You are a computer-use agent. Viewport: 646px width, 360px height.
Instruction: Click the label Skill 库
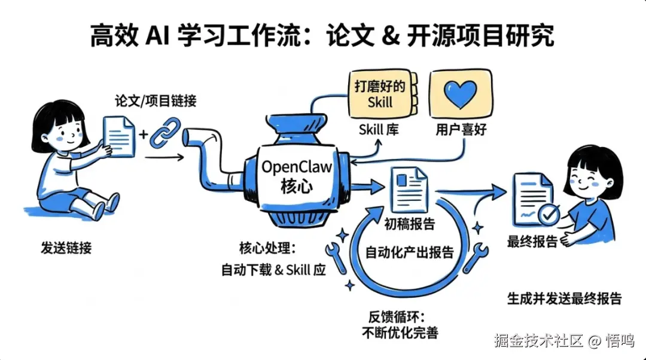379,130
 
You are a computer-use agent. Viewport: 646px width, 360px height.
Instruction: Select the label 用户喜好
461,130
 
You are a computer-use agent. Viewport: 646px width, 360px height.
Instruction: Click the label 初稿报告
410,224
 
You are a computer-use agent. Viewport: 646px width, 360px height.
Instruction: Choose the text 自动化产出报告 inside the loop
410,252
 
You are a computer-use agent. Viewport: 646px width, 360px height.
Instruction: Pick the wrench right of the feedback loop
480,256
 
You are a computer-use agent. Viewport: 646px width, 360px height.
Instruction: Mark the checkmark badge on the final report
549,212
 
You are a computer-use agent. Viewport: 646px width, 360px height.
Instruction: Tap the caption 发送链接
66,248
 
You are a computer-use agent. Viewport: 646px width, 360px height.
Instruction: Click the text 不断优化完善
400,332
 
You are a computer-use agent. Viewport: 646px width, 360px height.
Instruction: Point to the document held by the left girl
120,136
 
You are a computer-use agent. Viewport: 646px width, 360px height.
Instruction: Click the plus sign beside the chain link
144,134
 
